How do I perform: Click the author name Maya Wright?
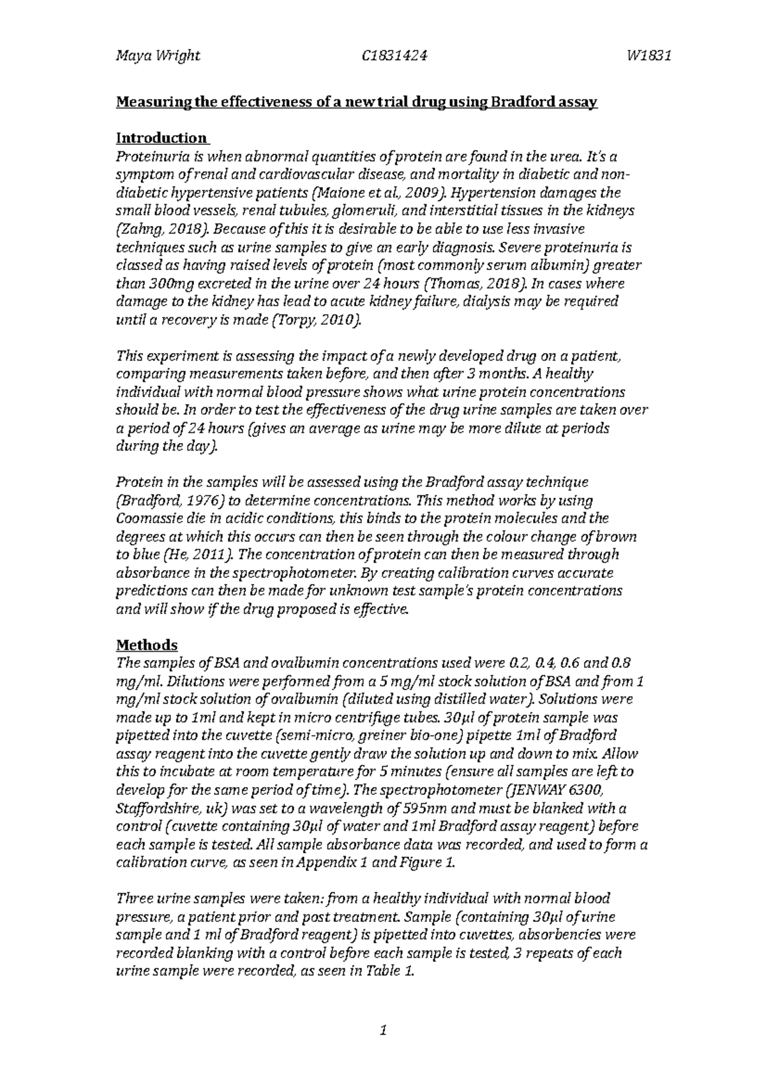coord(158,56)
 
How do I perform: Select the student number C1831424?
coord(393,56)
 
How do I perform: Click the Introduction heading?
coord(161,138)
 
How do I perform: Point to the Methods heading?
coord(146,645)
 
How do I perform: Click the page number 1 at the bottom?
coord(383,1030)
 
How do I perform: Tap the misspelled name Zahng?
coord(139,229)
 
